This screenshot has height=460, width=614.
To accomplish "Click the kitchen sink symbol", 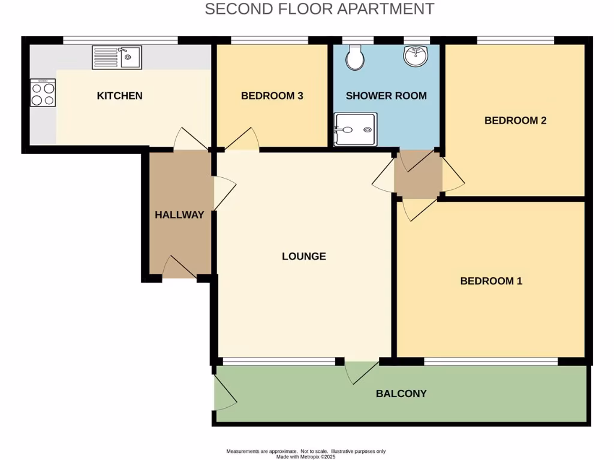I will (x=117, y=57).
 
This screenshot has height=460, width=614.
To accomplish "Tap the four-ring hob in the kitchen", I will (x=43, y=93).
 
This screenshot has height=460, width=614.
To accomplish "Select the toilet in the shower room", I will (x=356, y=57).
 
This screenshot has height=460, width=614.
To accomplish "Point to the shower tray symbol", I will (x=356, y=129).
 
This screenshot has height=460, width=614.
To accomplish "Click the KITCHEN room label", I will (x=120, y=96).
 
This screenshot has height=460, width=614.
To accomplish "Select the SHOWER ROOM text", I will (x=386, y=96).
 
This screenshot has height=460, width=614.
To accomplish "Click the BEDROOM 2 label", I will (x=515, y=120).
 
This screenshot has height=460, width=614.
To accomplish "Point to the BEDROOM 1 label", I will (x=491, y=281).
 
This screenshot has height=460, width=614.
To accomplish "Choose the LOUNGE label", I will (x=304, y=256).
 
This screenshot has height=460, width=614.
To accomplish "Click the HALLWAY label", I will (x=180, y=215).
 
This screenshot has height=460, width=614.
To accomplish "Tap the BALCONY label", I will (x=401, y=394).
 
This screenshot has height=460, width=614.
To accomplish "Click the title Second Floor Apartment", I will (x=320, y=9).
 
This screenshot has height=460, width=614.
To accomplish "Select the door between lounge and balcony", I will (x=361, y=370).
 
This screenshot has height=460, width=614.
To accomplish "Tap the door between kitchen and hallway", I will (x=190, y=140).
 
